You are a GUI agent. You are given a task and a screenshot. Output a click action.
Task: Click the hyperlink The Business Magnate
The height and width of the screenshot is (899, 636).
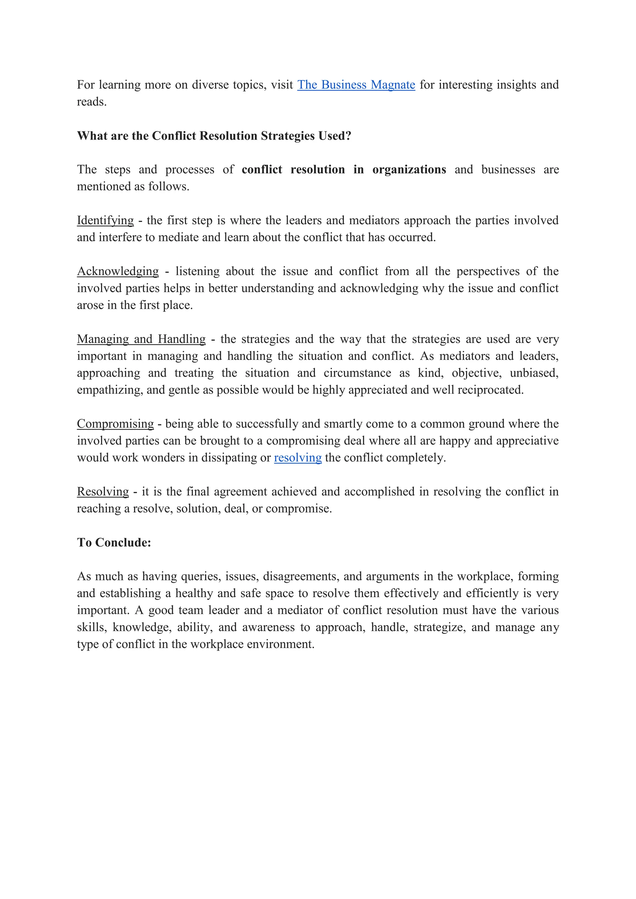point(356,85)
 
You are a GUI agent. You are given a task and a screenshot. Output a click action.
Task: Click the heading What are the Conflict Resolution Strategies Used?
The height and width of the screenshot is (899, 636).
point(214,136)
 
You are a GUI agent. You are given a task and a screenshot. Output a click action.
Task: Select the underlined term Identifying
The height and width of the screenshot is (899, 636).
point(105,220)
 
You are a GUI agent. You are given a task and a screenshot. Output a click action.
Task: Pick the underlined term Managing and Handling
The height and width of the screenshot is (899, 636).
point(141,339)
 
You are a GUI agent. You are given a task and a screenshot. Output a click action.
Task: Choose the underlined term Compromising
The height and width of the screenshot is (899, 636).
point(115,424)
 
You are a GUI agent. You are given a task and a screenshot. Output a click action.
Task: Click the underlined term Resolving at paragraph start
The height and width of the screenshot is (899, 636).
point(102,492)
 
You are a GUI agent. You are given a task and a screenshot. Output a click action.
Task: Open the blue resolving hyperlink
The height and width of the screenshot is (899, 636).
point(298,458)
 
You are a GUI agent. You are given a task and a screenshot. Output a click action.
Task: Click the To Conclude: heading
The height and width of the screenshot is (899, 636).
point(114,543)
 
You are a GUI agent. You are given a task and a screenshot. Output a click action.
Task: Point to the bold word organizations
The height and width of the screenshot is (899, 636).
point(409,170)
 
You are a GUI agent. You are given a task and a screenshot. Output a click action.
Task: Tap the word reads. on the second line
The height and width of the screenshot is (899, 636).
point(92,102)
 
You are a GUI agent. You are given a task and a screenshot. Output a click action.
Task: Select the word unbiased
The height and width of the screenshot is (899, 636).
point(534,373)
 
